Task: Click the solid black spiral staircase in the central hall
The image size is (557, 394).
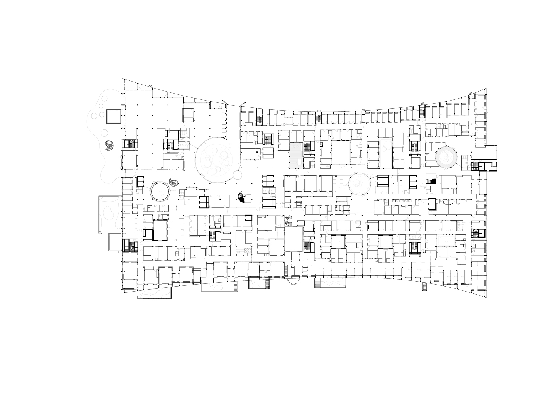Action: click(241, 197)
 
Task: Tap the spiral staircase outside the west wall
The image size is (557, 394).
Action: click(109, 145)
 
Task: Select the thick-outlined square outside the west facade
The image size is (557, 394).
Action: click(114, 116)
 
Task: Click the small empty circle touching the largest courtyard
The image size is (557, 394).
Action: click(237, 175)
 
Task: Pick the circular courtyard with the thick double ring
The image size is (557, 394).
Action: click(160, 191)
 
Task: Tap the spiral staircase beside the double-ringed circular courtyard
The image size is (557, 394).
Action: click(174, 182)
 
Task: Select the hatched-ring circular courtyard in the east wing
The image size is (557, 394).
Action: click(446, 157)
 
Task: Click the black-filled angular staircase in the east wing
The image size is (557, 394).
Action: click(431, 182)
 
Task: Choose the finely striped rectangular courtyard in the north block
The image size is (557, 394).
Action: click(296, 155)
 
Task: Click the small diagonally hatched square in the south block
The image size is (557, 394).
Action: click(248, 250)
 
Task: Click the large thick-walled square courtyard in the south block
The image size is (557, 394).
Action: click(294, 239)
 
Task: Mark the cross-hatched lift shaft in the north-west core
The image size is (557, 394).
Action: click(133, 144)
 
